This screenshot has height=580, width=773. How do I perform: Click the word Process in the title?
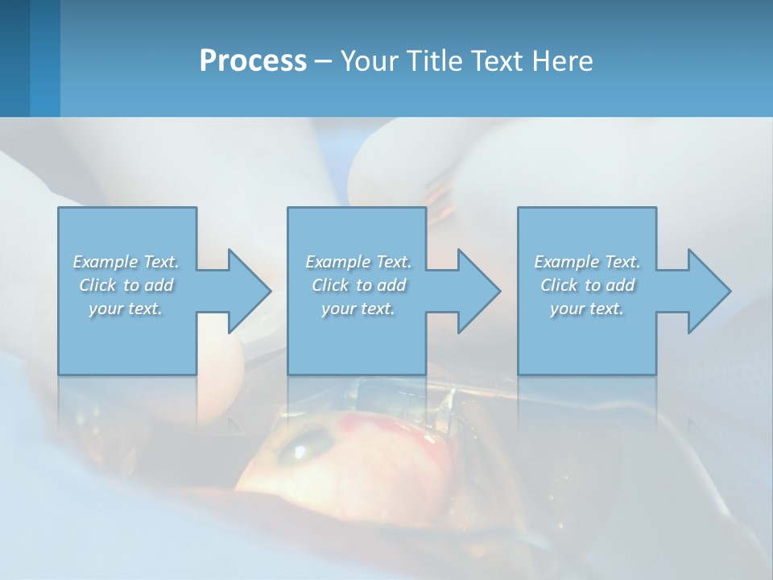(x=253, y=61)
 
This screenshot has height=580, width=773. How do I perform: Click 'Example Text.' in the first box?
(x=126, y=262)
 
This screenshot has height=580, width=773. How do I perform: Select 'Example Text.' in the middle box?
(x=358, y=262)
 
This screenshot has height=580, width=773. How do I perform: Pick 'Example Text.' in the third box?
(x=587, y=262)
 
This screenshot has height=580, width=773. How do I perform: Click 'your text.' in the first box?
(x=126, y=309)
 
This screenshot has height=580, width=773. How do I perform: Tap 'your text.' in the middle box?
(x=358, y=309)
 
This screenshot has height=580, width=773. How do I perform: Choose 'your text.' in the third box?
(x=587, y=309)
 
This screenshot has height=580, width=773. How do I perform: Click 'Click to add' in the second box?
(x=358, y=285)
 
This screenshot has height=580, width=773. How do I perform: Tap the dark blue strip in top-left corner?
(x=14, y=58)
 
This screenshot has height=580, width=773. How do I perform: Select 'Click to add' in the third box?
(x=587, y=285)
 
